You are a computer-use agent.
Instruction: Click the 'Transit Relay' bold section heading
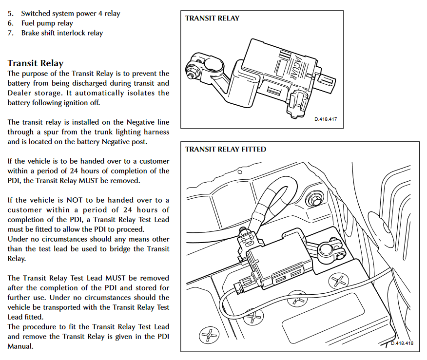(36, 63)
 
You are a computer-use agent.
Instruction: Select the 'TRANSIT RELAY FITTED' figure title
(226, 149)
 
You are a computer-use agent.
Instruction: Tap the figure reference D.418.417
(326, 119)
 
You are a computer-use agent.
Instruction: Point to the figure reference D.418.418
(402, 343)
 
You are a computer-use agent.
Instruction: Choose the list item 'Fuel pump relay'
(47, 23)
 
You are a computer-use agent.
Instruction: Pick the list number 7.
(10, 33)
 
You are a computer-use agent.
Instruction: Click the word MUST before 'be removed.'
(88, 181)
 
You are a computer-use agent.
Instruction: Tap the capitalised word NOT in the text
(75, 200)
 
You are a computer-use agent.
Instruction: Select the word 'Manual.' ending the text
(20, 346)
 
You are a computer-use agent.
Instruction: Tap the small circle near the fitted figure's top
(240, 172)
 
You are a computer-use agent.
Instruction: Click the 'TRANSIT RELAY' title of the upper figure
(212, 18)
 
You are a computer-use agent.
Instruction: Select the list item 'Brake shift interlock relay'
(62, 33)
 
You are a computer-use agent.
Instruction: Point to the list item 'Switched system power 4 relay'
(71, 14)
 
